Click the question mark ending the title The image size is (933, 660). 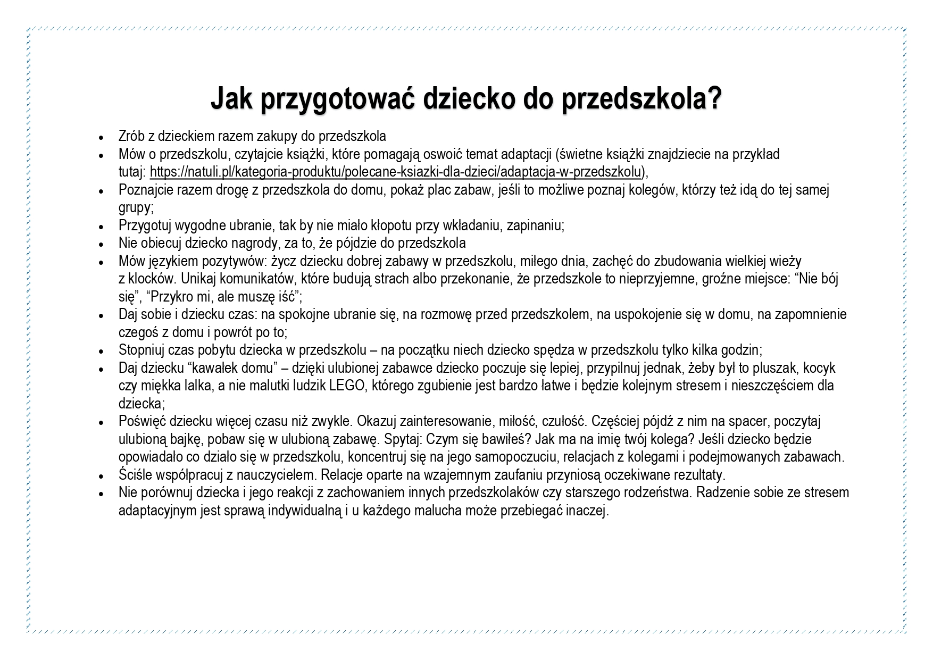(714, 98)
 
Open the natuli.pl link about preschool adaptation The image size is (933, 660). (396, 172)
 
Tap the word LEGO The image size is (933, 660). (346, 386)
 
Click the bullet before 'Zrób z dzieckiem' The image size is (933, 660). (102, 137)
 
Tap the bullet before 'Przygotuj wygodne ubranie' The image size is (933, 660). (102, 227)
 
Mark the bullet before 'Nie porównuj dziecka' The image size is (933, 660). (102, 494)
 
